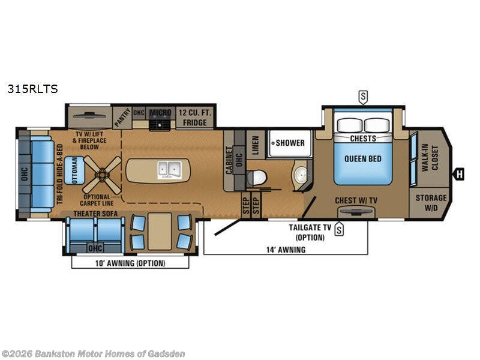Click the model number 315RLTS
[32, 89]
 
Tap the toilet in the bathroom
[257, 178]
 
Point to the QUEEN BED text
[362, 159]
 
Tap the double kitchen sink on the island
[170, 170]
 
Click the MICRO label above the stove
[160, 112]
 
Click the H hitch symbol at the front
[460, 174]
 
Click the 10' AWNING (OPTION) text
[130, 263]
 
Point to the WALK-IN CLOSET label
[429, 157]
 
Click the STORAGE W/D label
[431, 203]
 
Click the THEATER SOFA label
[96, 213]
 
